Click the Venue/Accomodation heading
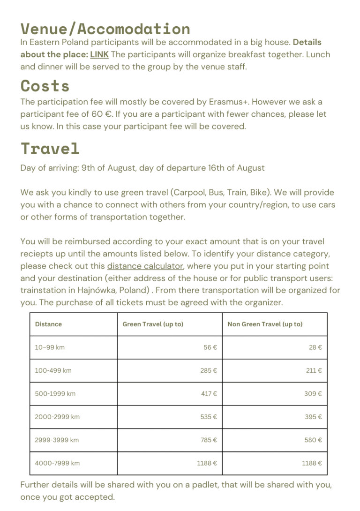(x=105, y=29)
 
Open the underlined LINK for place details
(x=99, y=54)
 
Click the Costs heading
(x=45, y=86)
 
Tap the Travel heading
(x=50, y=148)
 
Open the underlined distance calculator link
(x=145, y=266)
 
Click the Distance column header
(x=48, y=324)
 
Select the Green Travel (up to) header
(x=153, y=324)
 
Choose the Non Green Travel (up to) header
(x=265, y=324)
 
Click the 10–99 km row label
(x=50, y=347)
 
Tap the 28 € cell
(x=315, y=347)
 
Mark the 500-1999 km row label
(x=55, y=393)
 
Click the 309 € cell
(x=313, y=393)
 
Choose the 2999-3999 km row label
(x=57, y=440)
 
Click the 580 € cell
(x=313, y=440)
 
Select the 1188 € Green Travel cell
(x=207, y=463)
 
